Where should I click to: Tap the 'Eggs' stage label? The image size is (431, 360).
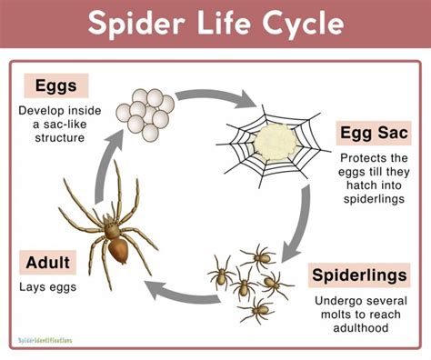[55, 85]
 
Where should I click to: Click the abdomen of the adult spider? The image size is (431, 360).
[114, 248]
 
